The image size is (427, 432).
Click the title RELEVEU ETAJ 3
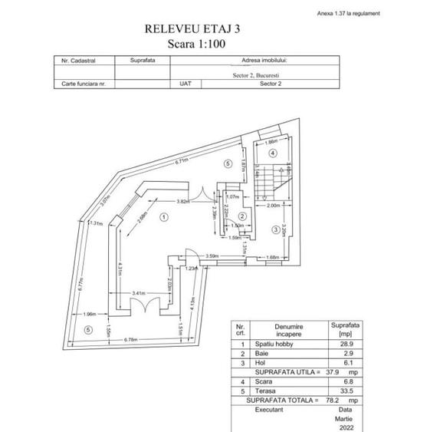tap(198, 29)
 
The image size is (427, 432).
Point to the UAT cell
tap(184, 84)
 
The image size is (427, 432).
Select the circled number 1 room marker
tap(164, 216)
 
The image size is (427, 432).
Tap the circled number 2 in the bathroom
tap(241, 216)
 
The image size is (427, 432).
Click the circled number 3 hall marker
tap(274, 230)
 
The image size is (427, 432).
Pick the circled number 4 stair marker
tap(272, 153)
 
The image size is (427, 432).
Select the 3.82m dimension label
tap(182, 201)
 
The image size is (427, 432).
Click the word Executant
tap(270, 410)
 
